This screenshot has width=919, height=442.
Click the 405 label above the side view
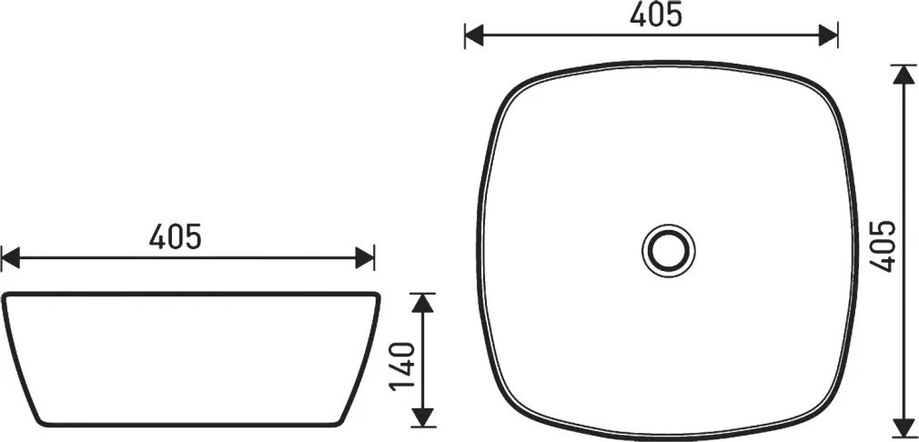point(176,237)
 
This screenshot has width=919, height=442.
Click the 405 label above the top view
point(656,15)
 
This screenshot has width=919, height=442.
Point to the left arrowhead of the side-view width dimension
point(11,257)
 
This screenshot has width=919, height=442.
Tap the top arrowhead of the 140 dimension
point(421,303)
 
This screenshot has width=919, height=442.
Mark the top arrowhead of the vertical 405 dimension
point(904,75)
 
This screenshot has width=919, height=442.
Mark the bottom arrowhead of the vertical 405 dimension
point(904,424)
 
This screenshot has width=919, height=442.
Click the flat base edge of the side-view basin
point(190,425)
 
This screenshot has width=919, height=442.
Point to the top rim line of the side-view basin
point(190,294)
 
